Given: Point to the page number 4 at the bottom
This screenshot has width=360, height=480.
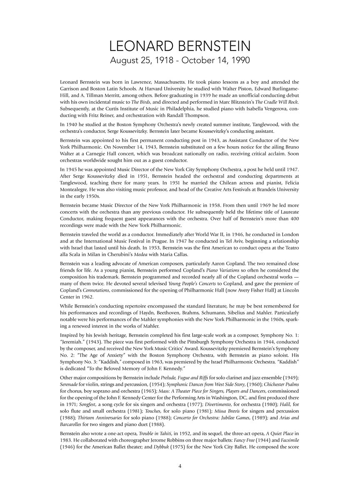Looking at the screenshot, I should click(180, 466).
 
